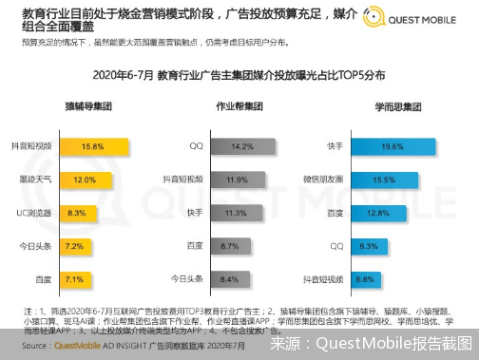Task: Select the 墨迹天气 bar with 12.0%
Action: click(x=84, y=180)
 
